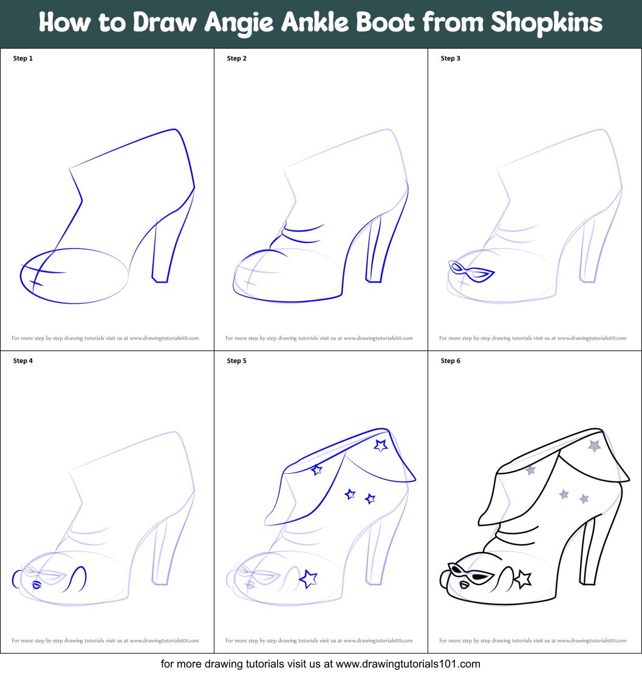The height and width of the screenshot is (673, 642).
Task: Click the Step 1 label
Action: (23, 58)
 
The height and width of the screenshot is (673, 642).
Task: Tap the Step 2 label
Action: (237, 58)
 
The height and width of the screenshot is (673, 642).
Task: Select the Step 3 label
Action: (451, 58)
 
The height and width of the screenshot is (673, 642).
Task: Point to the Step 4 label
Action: (23, 361)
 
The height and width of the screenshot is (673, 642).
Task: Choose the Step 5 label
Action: (237, 361)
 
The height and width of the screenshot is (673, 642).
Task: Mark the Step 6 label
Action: (451, 361)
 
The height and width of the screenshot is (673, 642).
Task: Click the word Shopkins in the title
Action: (546, 23)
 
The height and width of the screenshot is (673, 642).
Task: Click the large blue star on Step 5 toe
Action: (309, 579)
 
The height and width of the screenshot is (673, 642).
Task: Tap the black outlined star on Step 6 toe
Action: (522, 579)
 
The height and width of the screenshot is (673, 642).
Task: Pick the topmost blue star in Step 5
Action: (381, 446)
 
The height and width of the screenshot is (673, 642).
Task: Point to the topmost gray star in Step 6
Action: (594, 446)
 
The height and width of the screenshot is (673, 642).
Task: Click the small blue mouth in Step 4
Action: (36, 585)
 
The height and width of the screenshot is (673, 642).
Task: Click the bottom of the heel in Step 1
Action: (160, 280)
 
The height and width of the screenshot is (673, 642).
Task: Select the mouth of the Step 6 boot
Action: (464, 585)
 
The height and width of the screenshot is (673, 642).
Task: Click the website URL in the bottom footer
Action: (408, 664)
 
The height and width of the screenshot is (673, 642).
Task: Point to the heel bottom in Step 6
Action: (587, 583)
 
